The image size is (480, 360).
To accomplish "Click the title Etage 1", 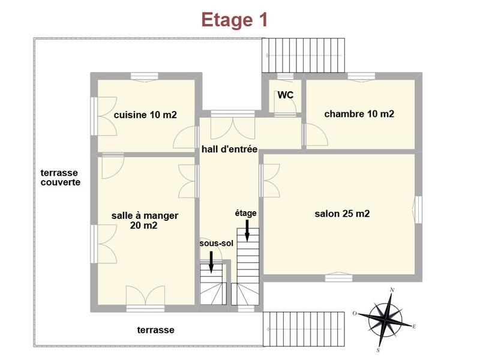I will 234,19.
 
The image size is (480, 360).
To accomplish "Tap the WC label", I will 285,95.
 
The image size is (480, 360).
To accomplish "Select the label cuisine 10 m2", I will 145,115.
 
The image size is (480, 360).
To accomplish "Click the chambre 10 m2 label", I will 359,113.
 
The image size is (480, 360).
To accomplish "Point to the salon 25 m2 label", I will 342,214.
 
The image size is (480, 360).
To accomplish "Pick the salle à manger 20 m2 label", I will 145,220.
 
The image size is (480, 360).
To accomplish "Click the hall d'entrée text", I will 229,149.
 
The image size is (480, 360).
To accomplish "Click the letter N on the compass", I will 392,290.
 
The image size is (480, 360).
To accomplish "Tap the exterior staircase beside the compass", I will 304,328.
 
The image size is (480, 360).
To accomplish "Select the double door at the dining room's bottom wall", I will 145,296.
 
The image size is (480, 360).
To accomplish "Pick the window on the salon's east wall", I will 418,209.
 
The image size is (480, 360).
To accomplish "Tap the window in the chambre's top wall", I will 361,76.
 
